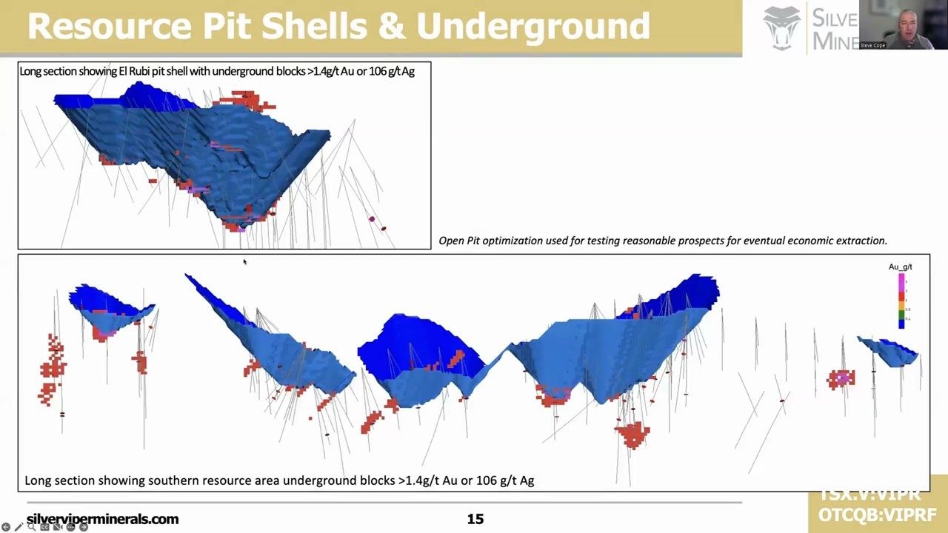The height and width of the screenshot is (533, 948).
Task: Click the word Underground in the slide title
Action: point(533,26)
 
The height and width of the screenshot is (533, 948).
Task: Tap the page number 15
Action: point(475,519)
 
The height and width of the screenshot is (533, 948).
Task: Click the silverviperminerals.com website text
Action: point(102,519)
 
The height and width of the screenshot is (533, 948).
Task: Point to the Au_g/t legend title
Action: point(900,266)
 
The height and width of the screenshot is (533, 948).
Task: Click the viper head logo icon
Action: point(782,28)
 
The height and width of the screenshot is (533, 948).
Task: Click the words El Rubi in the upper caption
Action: point(134,71)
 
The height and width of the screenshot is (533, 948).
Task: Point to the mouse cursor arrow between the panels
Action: point(244,261)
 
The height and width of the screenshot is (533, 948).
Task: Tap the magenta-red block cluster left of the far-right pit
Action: point(841,379)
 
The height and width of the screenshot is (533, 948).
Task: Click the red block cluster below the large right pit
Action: point(632,434)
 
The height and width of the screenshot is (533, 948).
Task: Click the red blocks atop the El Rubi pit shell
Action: point(246,100)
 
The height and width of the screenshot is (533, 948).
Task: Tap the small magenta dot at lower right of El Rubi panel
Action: point(372,219)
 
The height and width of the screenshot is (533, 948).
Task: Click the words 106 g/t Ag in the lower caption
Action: point(504,480)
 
